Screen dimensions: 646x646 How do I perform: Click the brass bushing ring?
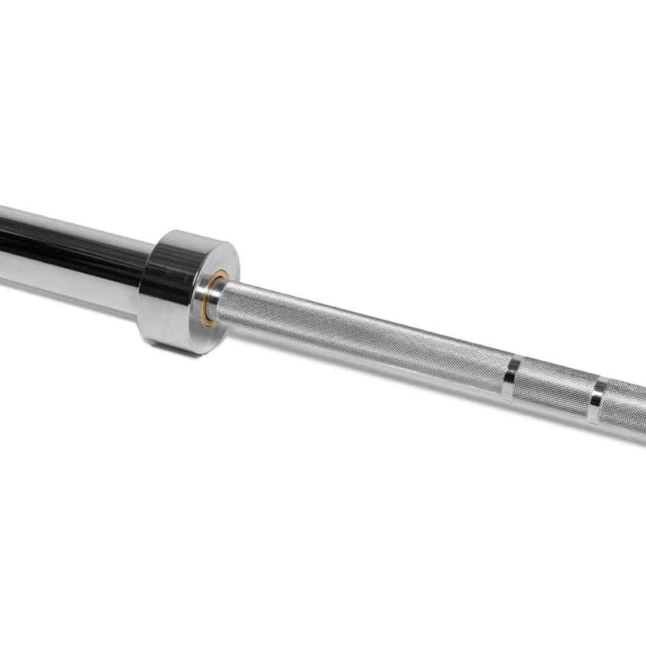click(208, 299)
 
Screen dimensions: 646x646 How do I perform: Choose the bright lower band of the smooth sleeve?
click(65, 279)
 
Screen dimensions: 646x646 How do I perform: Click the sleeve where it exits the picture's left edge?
click(3, 246)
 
